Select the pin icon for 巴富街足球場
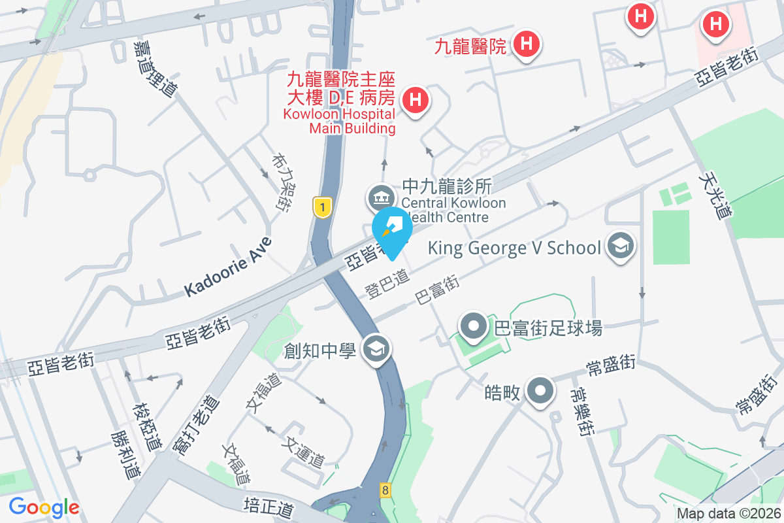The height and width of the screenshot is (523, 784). point(473,326)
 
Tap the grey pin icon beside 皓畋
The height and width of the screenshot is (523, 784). point(540,392)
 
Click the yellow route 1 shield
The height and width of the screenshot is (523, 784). point(320,207)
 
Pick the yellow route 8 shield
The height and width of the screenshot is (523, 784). point(385,490)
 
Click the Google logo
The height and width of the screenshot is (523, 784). point(44,507)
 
